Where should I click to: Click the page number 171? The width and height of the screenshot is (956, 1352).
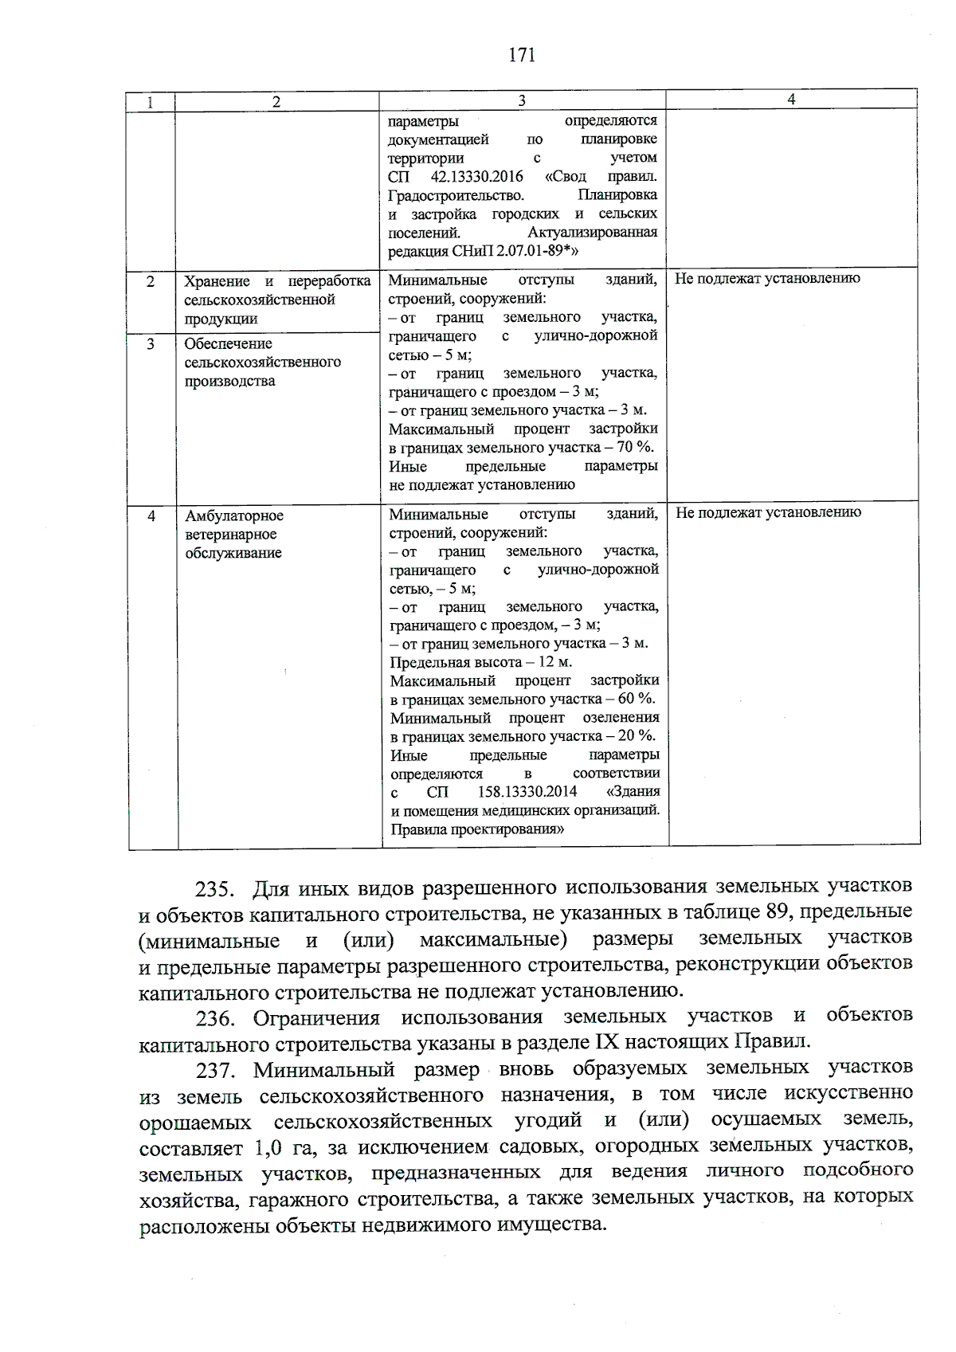coord(522,55)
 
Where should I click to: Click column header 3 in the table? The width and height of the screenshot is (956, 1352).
coord(522,100)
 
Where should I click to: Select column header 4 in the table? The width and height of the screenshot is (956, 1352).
coord(791,99)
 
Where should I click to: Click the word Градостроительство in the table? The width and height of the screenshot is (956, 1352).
coord(456,195)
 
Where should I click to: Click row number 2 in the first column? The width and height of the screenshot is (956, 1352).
coord(151,281)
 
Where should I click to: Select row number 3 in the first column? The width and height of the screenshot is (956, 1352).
coord(151,343)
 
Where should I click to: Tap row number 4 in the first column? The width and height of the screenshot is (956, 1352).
coord(151,515)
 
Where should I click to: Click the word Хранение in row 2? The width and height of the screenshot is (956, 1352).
coord(217,281)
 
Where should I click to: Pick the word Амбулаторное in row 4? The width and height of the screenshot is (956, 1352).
coord(234,515)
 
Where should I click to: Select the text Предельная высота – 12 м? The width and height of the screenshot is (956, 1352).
coord(480,662)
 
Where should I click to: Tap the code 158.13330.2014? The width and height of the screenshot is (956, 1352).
coord(527,792)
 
